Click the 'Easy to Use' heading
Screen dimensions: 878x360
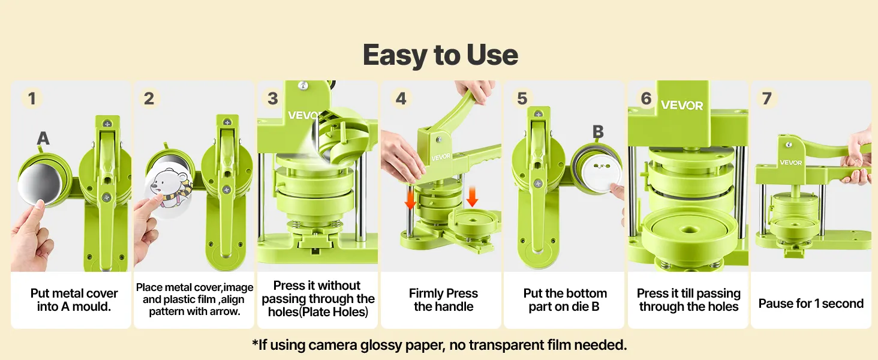440,55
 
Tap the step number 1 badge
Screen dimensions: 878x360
32,98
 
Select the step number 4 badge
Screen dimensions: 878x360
401,98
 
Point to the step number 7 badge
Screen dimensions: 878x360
766,98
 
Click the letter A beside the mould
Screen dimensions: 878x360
43,138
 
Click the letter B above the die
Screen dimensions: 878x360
598,132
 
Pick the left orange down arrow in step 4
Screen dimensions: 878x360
410,197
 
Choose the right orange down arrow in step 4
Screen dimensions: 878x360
473,196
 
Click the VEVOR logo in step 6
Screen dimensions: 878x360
682,105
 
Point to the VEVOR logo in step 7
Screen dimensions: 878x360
790,163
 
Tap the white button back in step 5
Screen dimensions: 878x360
599,173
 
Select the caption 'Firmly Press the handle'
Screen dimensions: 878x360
443,300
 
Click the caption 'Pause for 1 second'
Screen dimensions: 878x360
811,304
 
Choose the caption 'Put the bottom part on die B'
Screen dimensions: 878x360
565,300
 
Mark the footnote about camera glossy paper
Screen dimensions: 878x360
440,345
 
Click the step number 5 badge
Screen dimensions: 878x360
522,98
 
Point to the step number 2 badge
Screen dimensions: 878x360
149,98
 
